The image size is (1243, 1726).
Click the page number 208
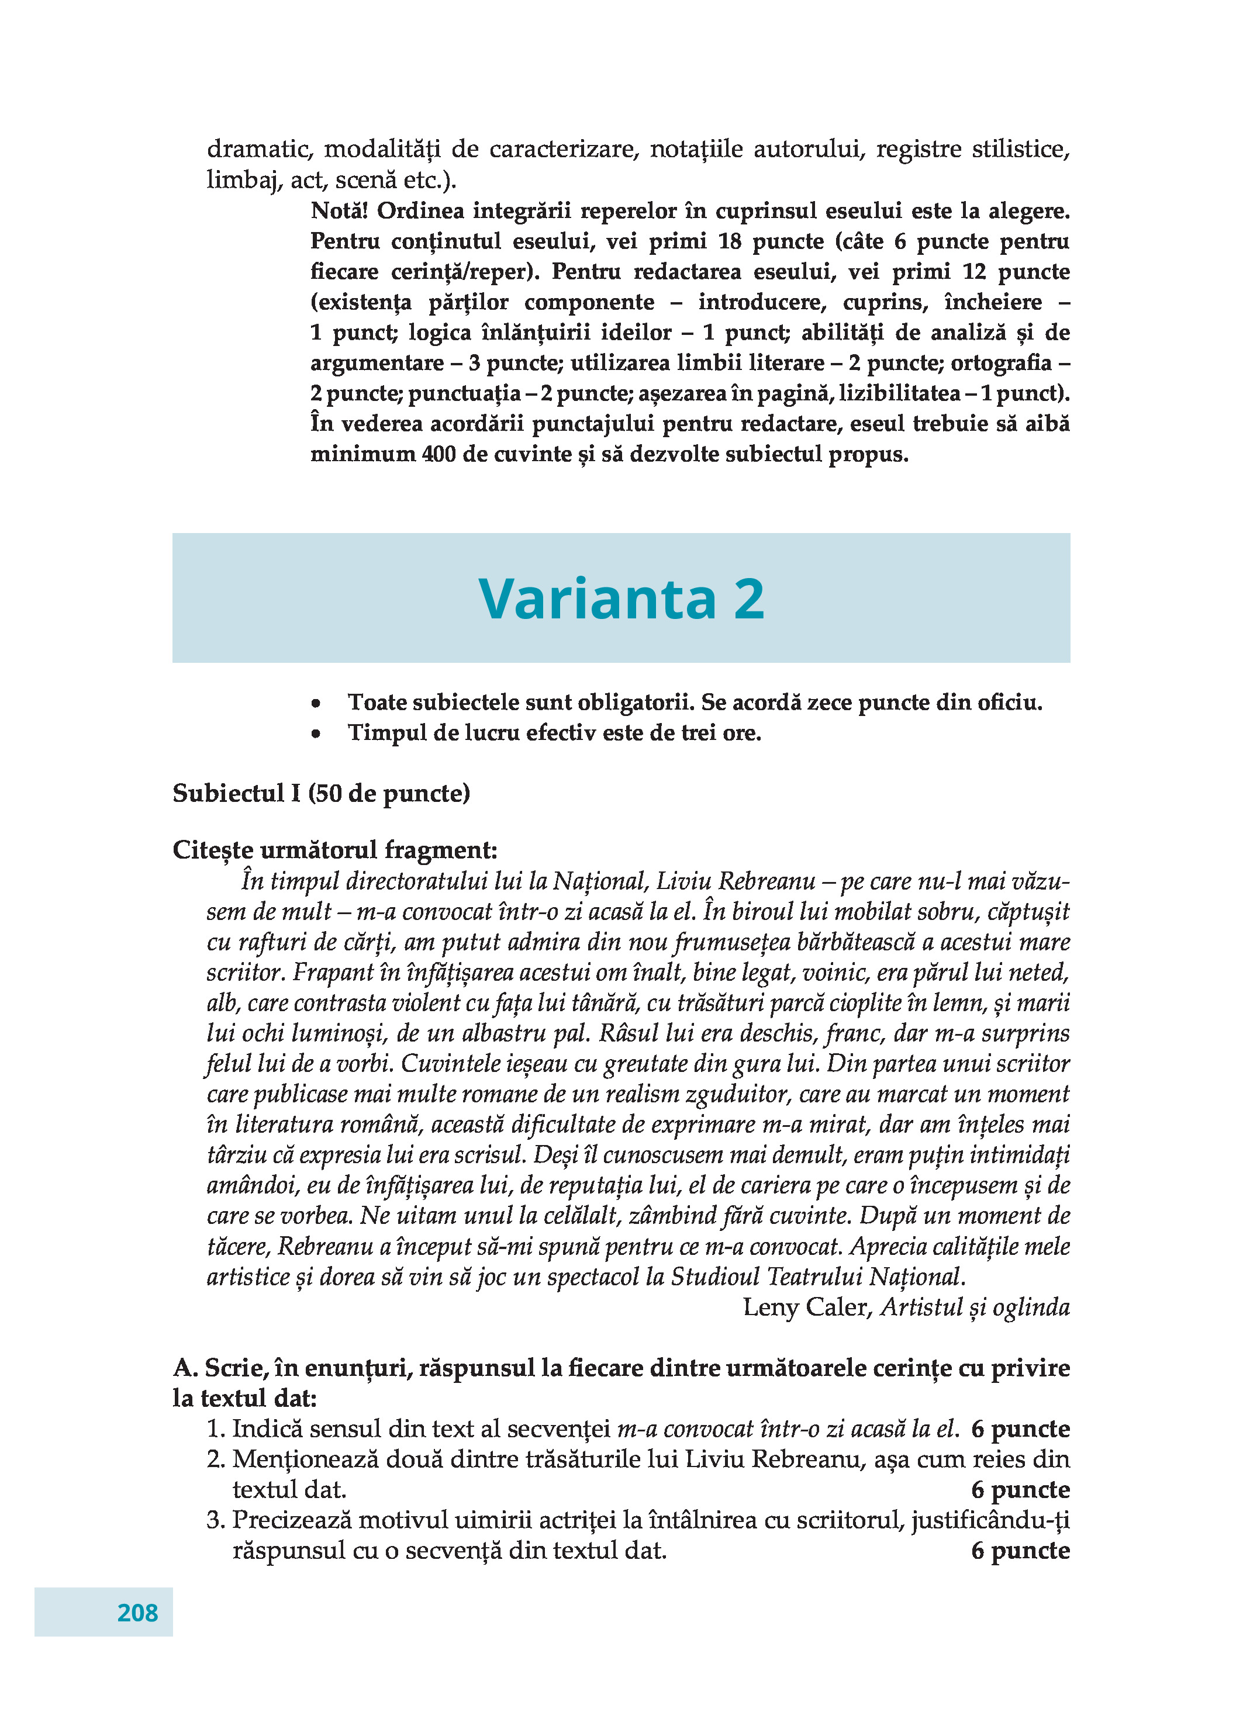click(138, 1612)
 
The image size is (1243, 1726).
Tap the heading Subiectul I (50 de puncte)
click(321, 793)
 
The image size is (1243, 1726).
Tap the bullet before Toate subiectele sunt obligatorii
click(316, 704)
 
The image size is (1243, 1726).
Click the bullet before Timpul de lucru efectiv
click(316, 734)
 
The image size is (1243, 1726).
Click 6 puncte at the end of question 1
click(1020, 1429)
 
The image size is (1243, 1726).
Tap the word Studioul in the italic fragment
click(714, 1277)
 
